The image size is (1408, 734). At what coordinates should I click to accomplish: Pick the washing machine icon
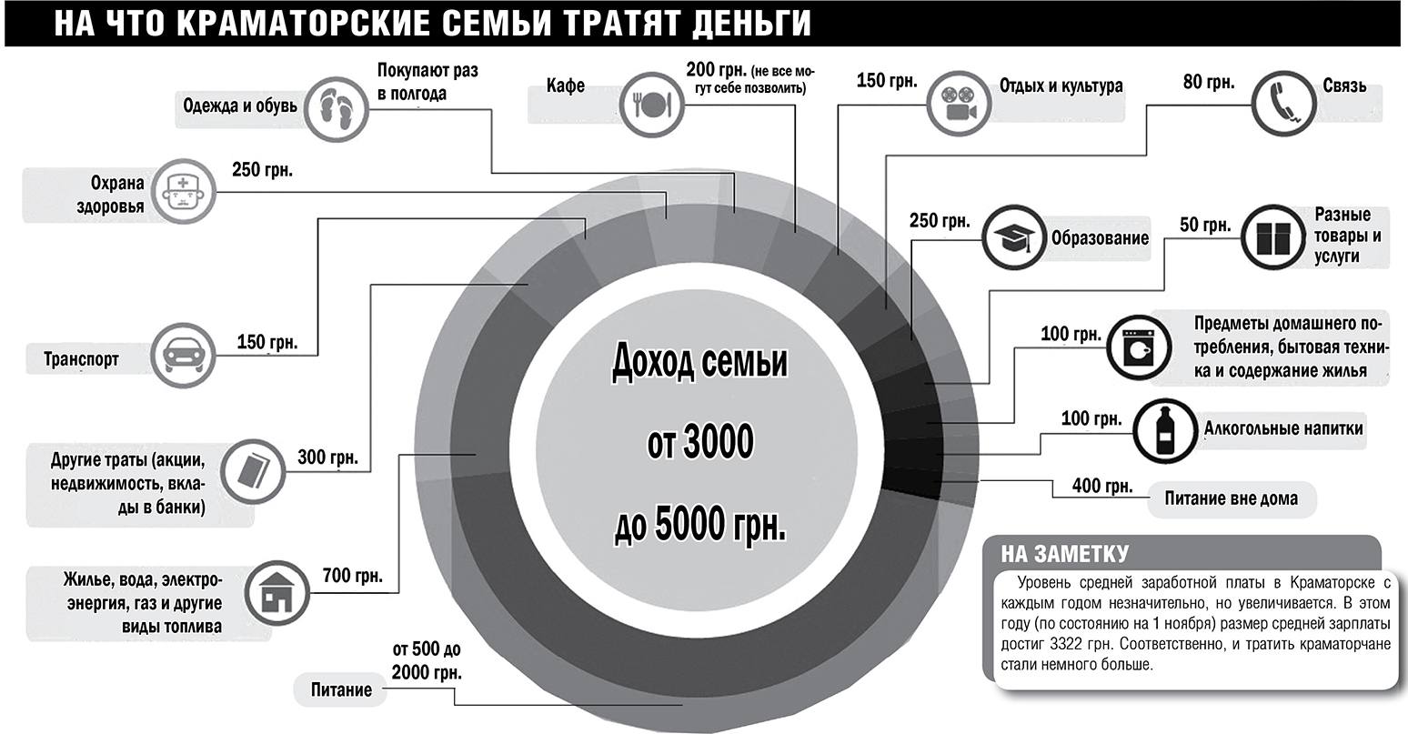(1136, 346)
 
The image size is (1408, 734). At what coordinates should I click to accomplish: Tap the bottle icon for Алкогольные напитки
(1162, 429)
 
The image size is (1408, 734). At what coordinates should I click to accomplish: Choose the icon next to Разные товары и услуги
(1272, 236)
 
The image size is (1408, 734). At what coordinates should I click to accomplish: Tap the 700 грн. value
(352, 575)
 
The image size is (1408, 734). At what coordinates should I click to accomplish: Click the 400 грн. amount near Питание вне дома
(1102, 486)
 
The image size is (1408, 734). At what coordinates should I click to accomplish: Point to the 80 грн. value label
(1209, 82)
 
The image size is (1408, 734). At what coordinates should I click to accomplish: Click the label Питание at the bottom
(340, 689)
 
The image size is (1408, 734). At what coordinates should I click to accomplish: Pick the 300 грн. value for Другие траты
(327, 457)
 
